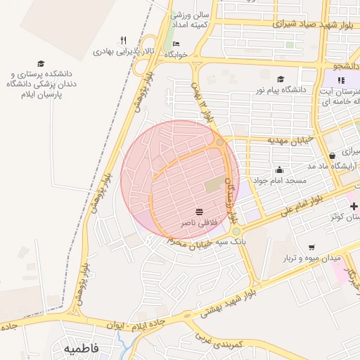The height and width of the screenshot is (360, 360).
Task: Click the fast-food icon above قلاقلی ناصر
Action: pyautogui.click(x=199, y=212)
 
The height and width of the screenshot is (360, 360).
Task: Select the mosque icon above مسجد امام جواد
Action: pyautogui.click(x=279, y=169)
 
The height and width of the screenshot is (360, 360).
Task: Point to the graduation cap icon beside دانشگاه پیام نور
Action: pyautogui.click(x=281, y=79)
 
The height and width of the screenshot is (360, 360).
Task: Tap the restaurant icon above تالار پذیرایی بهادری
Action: pyautogui.click(x=124, y=40)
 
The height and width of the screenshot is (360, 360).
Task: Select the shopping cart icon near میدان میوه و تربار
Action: pyautogui.click(x=311, y=247)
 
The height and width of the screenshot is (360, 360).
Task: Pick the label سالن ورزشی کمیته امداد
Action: pyautogui.click(x=191, y=20)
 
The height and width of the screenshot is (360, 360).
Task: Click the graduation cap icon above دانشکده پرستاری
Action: pyautogui.click(x=40, y=63)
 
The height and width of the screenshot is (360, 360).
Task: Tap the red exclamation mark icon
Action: pyautogui.click(x=341, y=80)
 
